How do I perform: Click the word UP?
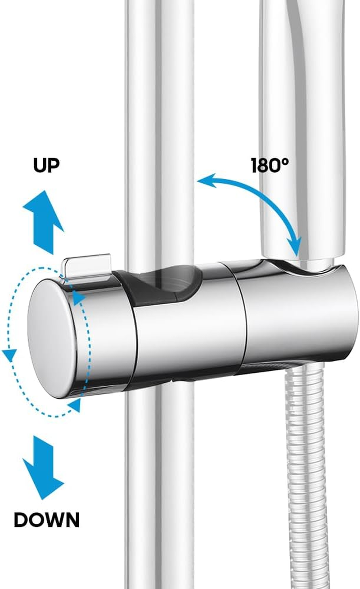(x=46, y=165)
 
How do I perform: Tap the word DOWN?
(x=46, y=520)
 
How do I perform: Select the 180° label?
(x=270, y=166)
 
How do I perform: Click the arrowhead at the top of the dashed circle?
(x=78, y=297)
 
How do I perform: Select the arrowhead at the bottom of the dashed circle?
(x=76, y=405)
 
